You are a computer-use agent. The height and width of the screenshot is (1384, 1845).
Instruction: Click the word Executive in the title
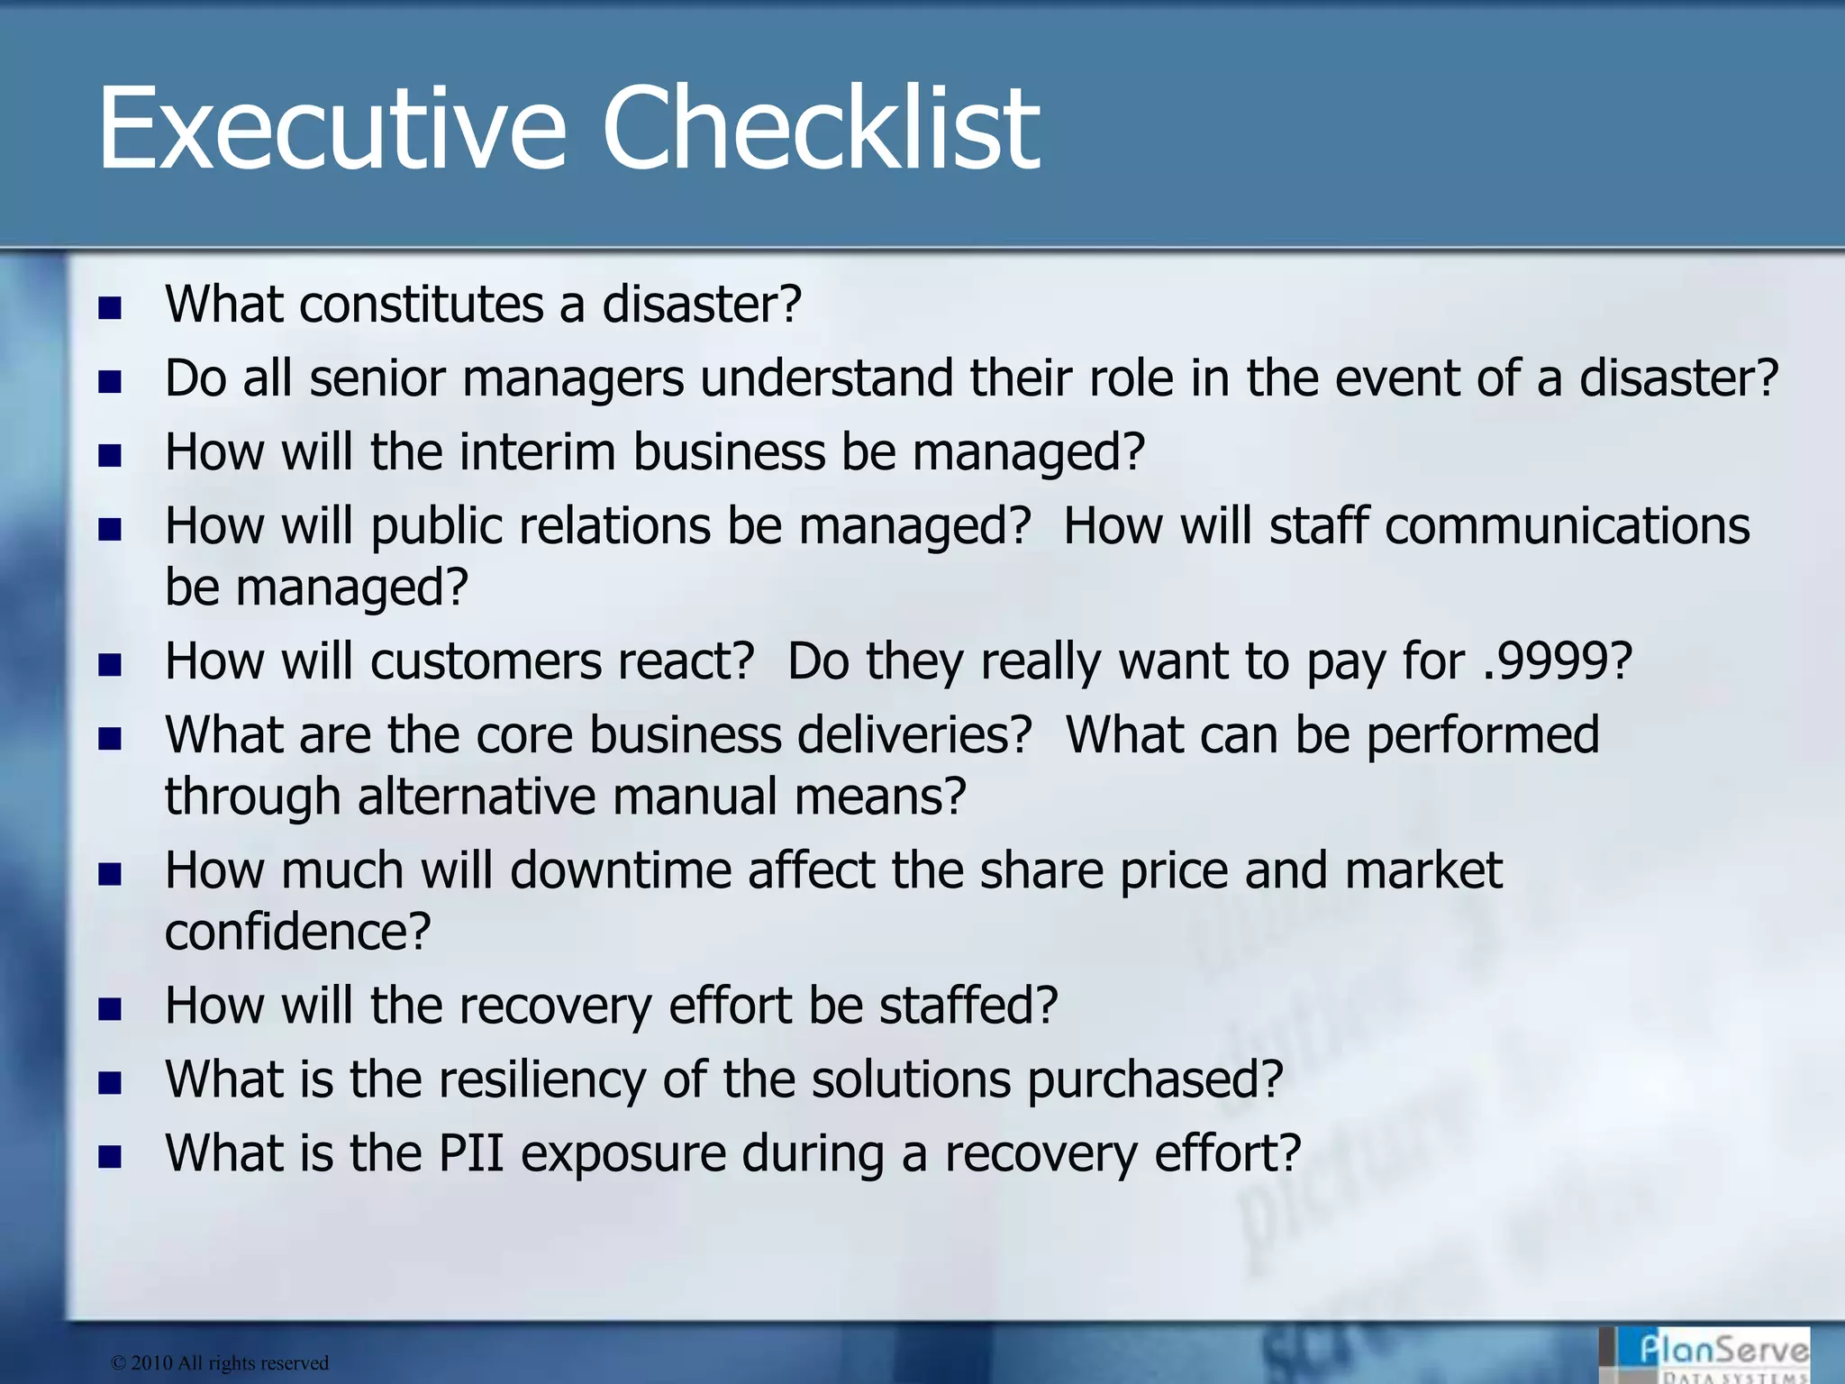tap(332, 128)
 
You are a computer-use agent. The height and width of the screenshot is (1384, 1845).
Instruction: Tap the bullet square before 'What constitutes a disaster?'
tap(110, 308)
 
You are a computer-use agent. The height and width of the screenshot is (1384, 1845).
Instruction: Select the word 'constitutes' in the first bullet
tap(422, 305)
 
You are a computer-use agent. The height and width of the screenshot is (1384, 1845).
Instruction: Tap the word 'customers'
tap(486, 662)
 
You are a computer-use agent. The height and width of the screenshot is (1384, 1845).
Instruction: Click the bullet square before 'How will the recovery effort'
tap(110, 1009)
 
